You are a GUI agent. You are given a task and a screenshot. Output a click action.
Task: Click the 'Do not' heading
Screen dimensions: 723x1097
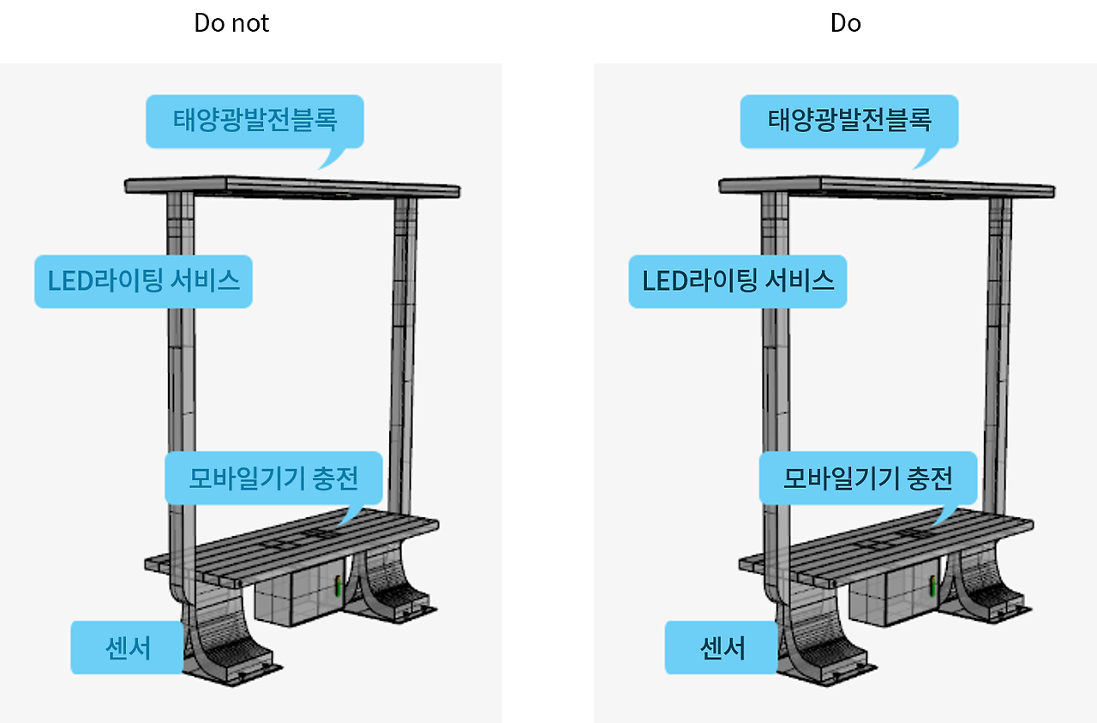(x=231, y=23)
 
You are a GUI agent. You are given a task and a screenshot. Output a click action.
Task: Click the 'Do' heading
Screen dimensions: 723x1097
(x=845, y=23)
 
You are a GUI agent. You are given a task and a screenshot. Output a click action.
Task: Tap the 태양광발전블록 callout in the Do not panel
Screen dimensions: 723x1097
(x=255, y=120)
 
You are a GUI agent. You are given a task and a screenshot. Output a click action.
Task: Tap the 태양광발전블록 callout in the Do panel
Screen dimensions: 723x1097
(x=848, y=120)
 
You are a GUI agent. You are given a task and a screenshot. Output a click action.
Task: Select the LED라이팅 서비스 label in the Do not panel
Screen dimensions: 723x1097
(x=143, y=281)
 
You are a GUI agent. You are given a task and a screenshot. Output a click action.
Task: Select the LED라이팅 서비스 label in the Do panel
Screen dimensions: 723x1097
(x=738, y=281)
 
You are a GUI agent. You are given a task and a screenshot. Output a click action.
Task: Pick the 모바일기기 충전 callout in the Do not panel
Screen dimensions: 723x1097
(x=273, y=478)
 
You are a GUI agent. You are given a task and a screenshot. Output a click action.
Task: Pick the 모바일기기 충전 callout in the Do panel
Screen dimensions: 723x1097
(x=868, y=478)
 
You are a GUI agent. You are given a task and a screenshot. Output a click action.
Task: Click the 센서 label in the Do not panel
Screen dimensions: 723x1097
(x=126, y=648)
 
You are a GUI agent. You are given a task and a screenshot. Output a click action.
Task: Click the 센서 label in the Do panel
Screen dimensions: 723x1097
(x=721, y=648)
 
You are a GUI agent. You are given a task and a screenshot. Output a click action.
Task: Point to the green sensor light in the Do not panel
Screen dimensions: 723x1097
(x=339, y=587)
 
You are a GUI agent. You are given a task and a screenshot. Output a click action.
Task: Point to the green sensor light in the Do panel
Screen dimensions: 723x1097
(x=933, y=587)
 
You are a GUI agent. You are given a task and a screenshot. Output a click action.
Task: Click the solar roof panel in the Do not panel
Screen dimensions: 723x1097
(x=291, y=186)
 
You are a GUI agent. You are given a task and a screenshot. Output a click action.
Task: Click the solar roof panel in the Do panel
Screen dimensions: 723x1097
(x=886, y=186)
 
